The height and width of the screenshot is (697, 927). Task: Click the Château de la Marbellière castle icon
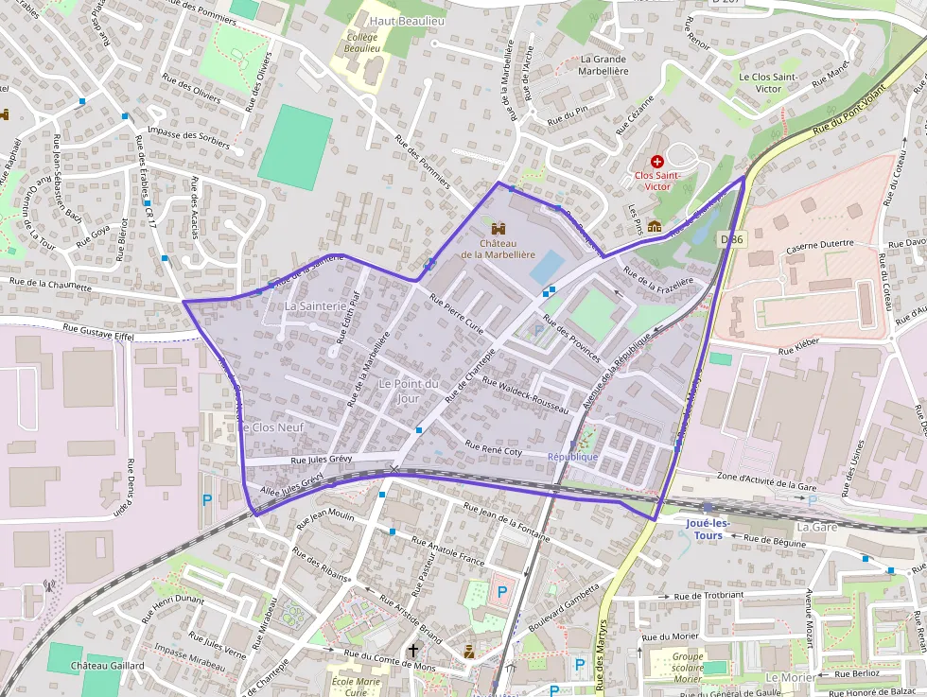click(498, 229)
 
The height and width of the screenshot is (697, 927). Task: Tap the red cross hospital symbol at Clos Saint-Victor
click(657, 162)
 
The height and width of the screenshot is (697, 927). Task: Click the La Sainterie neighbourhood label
click(315, 306)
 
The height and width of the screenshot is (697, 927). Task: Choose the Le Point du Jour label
click(409, 391)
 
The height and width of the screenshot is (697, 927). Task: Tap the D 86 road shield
click(732, 239)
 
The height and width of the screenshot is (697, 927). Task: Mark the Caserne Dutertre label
click(820, 243)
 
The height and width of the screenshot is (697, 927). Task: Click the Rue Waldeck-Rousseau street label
click(525, 394)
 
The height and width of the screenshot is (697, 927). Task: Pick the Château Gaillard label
click(108, 666)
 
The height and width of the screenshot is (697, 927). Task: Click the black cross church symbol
click(412, 650)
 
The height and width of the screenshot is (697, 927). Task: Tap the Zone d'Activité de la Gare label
click(767, 480)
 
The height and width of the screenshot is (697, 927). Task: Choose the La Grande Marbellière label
click(603, 64)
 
